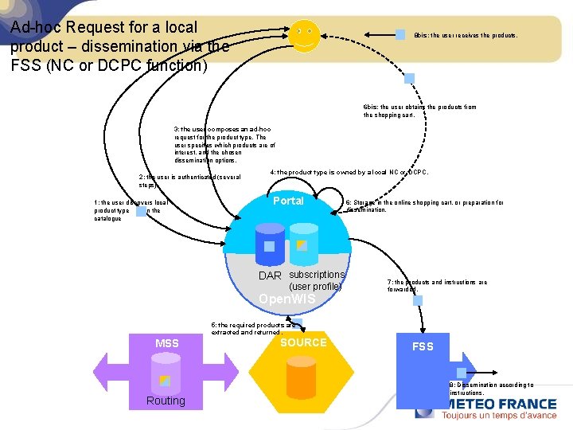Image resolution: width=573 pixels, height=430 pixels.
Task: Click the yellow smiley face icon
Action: pos(304,37)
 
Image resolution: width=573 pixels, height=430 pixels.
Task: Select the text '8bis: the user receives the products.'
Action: pos(466,35)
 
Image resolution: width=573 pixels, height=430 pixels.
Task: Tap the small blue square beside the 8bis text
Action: pos(400,34)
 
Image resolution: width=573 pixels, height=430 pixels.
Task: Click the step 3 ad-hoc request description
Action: pos(224,144)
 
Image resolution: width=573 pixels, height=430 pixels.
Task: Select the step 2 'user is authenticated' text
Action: pos(189,180)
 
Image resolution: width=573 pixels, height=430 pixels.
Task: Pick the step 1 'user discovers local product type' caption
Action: pos(130,210)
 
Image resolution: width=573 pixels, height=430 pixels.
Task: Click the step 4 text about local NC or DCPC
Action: pos(349,172)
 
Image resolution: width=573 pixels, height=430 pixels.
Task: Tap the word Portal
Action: pos(288,201)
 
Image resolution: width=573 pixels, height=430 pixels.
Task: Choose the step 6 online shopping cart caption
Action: pos(423,205)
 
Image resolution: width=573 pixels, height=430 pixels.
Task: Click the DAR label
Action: pos(270,276)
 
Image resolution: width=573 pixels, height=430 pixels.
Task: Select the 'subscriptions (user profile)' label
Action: pos(316,280)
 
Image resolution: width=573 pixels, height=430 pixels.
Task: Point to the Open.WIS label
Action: pos(286,299)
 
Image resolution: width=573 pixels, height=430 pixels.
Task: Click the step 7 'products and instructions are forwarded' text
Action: pos(437,285)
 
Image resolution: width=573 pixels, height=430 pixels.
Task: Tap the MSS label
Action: pos(166,343)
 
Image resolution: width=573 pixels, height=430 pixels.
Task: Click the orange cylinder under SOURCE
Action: pos(302,377)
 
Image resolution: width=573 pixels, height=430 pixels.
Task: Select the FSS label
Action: pos(423,346)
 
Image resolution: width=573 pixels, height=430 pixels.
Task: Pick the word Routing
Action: pos(166,401)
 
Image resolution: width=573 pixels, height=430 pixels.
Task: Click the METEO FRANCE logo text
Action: pos(499,404)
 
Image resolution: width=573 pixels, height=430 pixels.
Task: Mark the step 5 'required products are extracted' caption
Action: pos(253,328)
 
